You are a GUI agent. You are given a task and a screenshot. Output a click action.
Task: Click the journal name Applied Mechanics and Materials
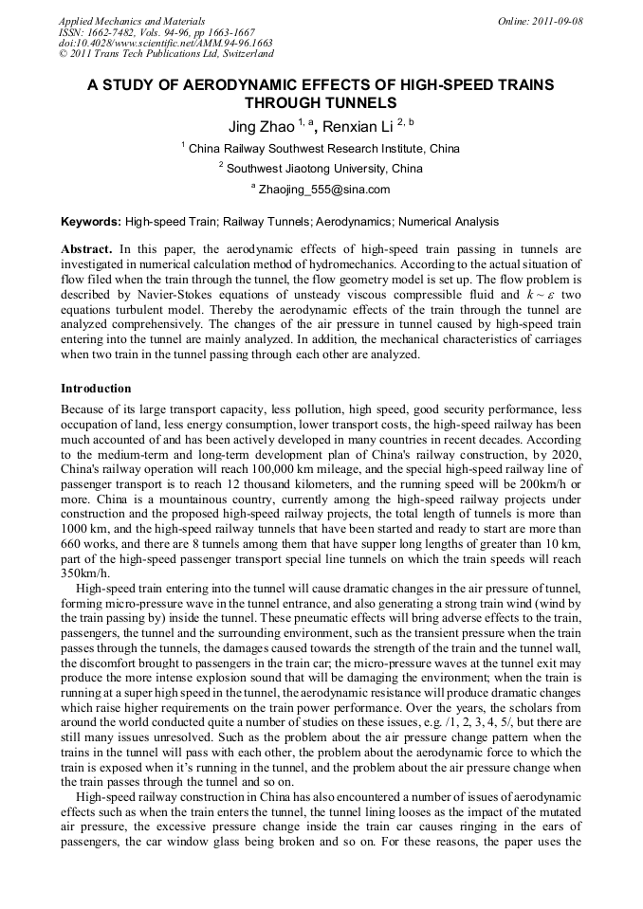[131, 20]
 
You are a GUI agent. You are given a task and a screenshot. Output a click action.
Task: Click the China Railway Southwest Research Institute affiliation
[323, 148]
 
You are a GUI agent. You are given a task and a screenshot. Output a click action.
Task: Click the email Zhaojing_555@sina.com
[323, 190]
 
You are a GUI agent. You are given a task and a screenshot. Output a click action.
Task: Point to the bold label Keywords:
[91, 222]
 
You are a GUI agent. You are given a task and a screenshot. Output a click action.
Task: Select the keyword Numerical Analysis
[448, 222]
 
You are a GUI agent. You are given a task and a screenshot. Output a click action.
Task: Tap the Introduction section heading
[96, 389]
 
